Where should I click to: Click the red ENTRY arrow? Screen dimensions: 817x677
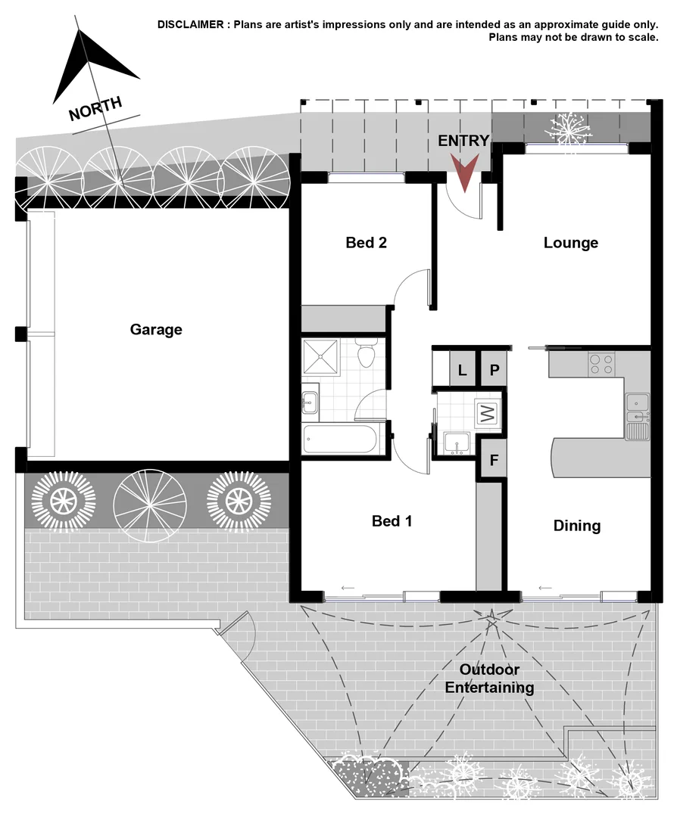[464, 172]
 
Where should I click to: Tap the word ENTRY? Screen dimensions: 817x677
[463, 141]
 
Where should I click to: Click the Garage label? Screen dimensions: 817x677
[156, 330]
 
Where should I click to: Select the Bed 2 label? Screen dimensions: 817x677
[367, 243]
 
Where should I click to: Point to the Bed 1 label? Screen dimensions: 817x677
[392, 521]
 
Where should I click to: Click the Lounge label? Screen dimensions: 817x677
[571, 243]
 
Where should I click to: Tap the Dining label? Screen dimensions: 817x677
[576, 526]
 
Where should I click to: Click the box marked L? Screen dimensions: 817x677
[462, 370]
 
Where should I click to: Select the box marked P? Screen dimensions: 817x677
[493, 370]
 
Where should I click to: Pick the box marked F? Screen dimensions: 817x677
[493, 460]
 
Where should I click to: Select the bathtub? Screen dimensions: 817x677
[339, 440]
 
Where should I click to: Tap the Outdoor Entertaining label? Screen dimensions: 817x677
[489, 679]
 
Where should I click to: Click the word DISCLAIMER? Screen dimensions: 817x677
[189, 24]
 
